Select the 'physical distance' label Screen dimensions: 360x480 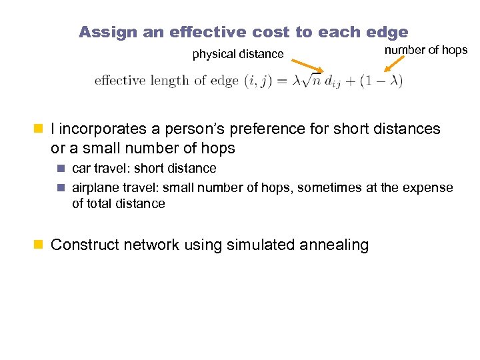pyautogui.click(x=238, y=54)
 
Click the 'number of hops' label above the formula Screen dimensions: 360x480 pyautogui.click(x=427, y=50)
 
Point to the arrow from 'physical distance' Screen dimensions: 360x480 pyautogui.click(x=307, y=66)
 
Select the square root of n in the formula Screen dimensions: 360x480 pyautogui.click(x=310, y=81)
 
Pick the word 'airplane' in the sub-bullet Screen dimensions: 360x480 pyautogui.click(x=94, y=188)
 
